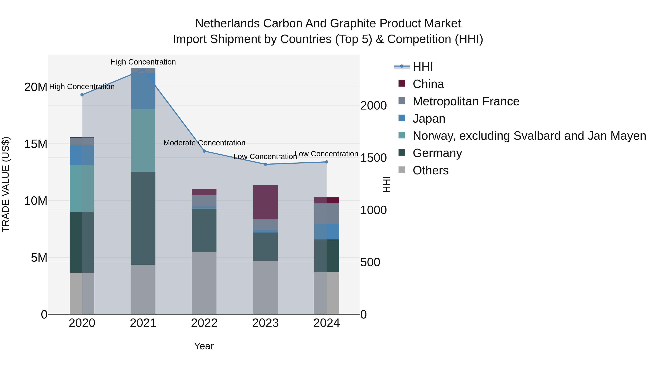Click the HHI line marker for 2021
pyautogui.click(x=143, y=70)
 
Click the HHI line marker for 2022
pyautogui.click(x=204, y=151)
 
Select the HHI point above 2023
pyautogui.click(x=265, y=164)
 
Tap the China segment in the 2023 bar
pyautogui.click(x=265, y=202)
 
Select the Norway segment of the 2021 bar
pyautogui.click(x=143, y=140)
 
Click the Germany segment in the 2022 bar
pyautogui.click(x=204, y=230)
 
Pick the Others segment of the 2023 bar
pyautogui.click(x=265, y=287)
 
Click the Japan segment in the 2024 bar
pyautogui.click(x=327, y=231)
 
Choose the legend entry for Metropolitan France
pyautogui.click(x=466, y=101)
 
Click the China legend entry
pyautogui.click(x=428, y=84)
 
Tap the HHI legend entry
pyautogui.click(x=422, y=67)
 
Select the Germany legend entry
pyautogui.click(x=437, y=153)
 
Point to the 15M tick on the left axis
pyautogui.click(x=36, y=144)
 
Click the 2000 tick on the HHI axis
pyautogui.click(x=373, y=106)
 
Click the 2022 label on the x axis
pyautogui.click(x=204, y=323)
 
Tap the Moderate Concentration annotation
pyautogui.click(x=204, y=143)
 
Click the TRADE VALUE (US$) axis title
pyautogui.click(x=6, y=184)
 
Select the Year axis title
pyautogui.click(x=204, y=346)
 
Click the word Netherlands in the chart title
pyautogui.click(x=227, y=24)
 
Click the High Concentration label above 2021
pyautogui.click(x=143, y=62)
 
